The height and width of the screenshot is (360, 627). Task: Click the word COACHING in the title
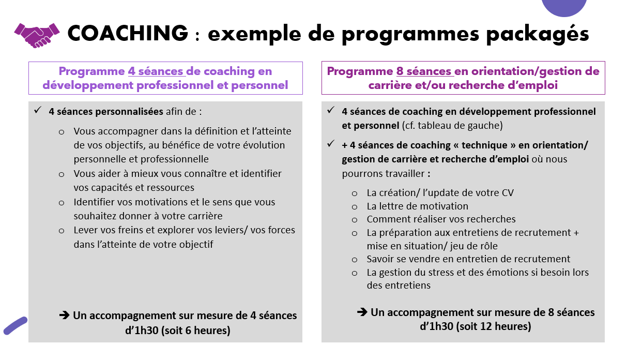(128, 34)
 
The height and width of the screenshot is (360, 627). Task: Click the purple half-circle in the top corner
(564, 6)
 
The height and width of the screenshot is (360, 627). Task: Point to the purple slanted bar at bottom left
(15, 325)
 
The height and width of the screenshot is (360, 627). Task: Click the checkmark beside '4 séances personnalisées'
(37, 110)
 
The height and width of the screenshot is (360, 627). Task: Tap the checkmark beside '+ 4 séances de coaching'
(330, 144)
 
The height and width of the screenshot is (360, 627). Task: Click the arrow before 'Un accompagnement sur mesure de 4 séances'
(65, 315)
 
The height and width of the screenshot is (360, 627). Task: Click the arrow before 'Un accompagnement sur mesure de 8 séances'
(362, 312)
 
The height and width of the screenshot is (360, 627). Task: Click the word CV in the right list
(508, 193)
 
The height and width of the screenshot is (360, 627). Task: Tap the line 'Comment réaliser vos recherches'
(441, 219)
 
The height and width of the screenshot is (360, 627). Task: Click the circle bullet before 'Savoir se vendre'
(355, 259)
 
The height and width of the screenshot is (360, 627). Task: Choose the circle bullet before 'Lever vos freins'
(62, 231)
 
